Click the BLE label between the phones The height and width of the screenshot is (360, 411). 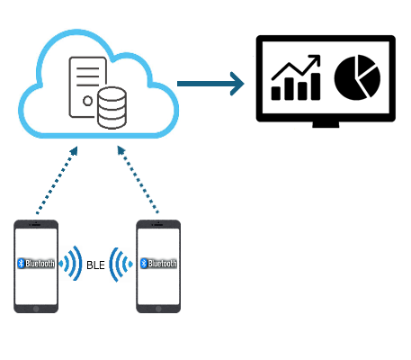95,265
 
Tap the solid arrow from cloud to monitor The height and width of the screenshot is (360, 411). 210,84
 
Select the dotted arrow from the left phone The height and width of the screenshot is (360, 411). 57,180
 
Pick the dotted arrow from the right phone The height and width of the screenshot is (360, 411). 138,179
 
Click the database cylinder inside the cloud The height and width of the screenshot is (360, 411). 112,108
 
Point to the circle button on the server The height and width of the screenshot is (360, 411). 87,101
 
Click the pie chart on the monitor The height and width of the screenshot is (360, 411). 357,77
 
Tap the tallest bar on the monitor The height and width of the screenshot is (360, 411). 316,86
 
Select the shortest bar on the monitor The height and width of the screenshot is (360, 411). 276,94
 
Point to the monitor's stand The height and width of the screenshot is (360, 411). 326,124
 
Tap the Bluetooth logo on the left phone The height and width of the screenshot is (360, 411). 21,263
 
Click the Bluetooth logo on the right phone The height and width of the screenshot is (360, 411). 144,263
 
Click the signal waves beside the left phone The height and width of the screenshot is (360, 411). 71,264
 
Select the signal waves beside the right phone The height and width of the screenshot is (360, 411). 121,265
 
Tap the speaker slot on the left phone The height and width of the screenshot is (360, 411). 36,225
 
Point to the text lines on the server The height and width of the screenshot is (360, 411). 87,76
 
